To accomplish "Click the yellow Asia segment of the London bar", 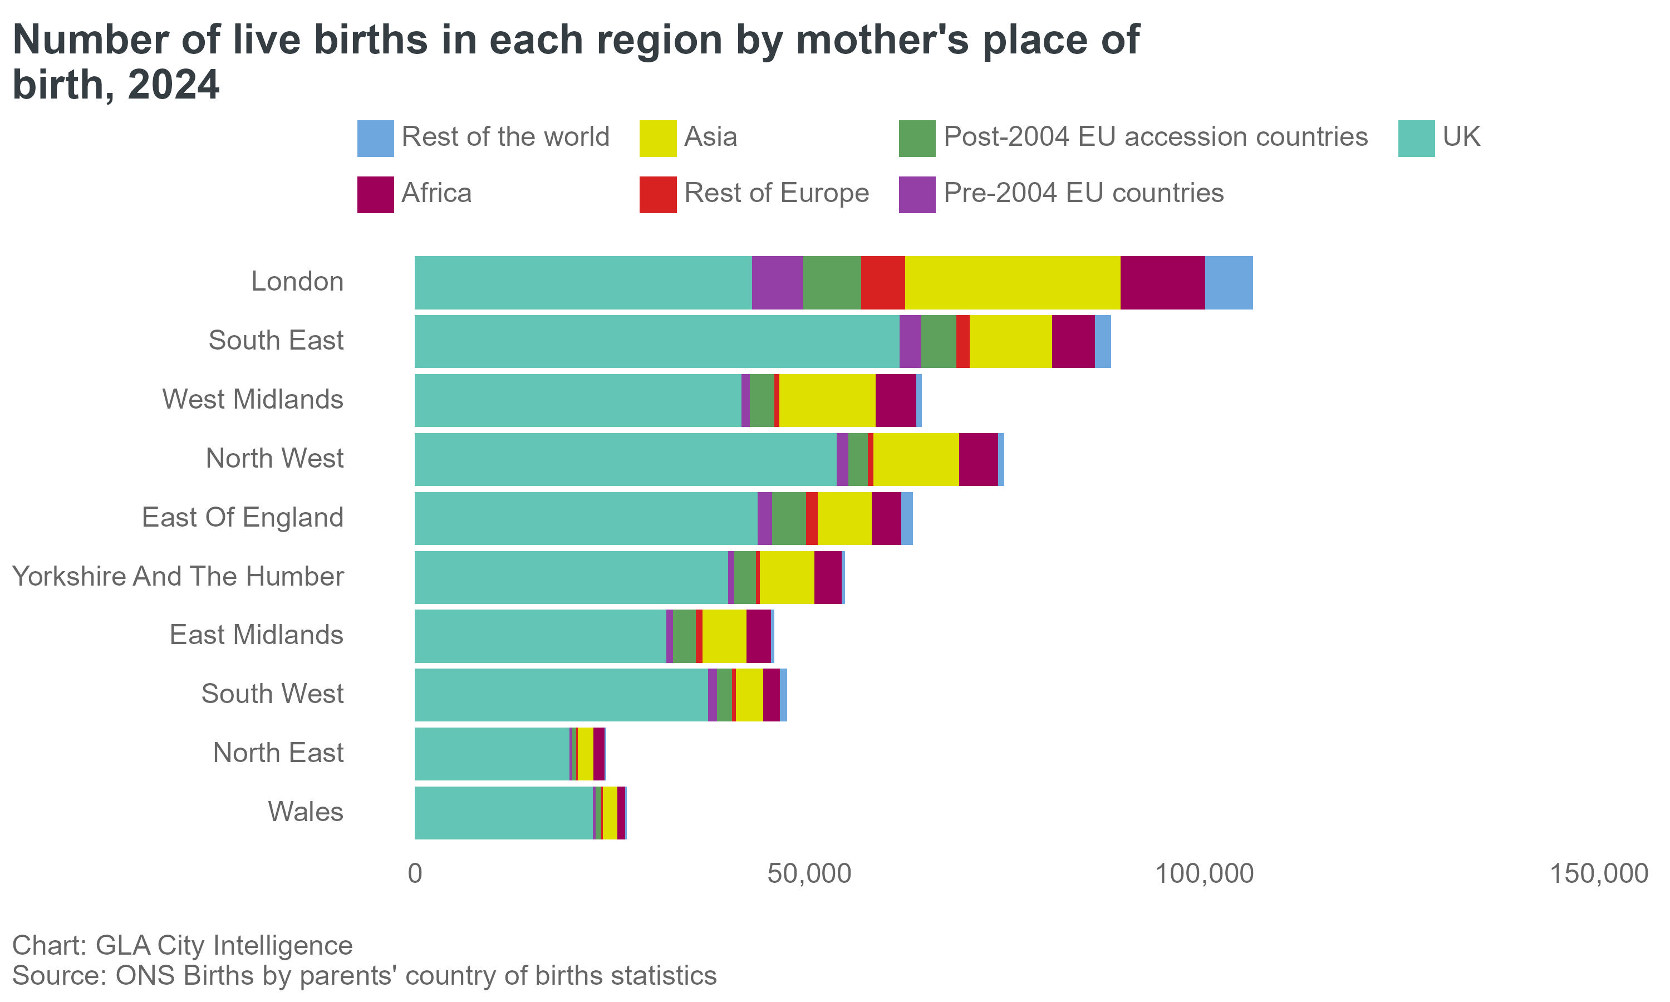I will click(x=1012, y=282).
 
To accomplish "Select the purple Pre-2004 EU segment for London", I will click(x=777, y=282).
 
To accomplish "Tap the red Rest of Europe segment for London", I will click(x=882, y=282).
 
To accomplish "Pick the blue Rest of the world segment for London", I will click(x=1229, y=282).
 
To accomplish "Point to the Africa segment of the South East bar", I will click(x=1073, y=341).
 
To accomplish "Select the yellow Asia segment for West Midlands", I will click(x=827, y=400).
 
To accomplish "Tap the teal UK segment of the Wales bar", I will click(x=503, y=812).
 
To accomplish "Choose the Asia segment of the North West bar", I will click(x=915, y=459).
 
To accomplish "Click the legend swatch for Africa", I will click(x=375, y=194).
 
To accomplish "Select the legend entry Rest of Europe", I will click(x=777, y=194).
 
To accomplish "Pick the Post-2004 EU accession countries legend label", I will click(x=1155, y=137).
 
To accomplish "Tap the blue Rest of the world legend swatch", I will click(x=375, y=139).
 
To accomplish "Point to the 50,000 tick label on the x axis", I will click(x=809, y=874).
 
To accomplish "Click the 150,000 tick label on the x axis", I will click(x=1598, y=874).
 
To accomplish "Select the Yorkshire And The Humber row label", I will click(x=178, y=577).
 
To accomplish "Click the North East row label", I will click(x=278, y=753).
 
